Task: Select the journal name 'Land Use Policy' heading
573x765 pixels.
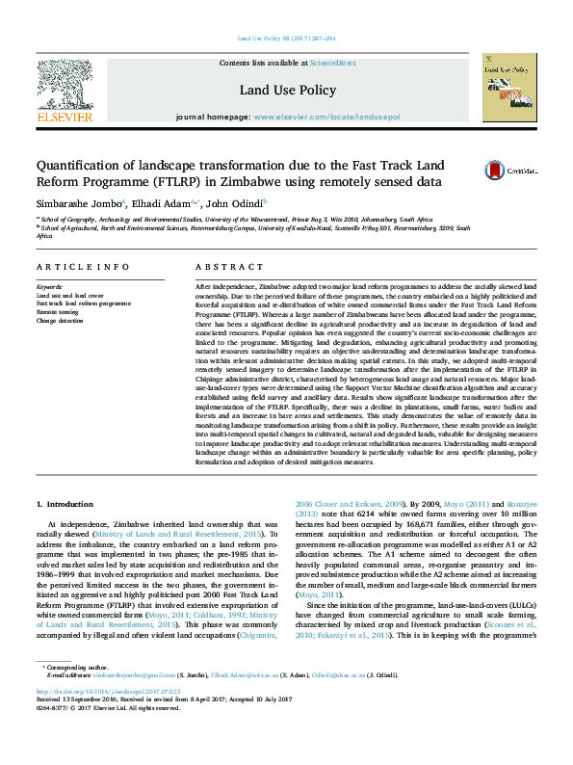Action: pyautogui.click(x=287, y=90)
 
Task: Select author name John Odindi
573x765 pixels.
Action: pyautogui.click(x=235, y=204)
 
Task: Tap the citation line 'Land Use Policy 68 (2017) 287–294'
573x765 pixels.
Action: pyautogui.click(x=286, y=39)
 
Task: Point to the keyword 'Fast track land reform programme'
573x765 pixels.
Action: pyautogui.click(x=83, y=303)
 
